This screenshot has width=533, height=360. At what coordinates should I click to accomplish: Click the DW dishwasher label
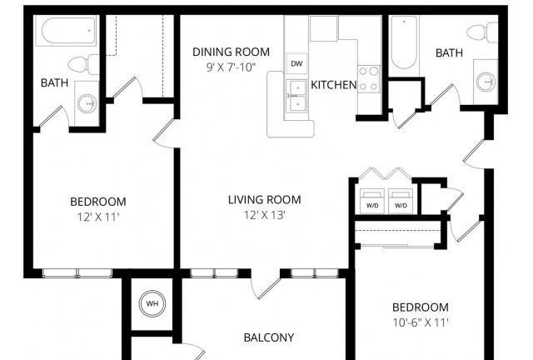[x=296, y=63]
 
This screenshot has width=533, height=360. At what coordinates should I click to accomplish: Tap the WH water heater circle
[x=152, y=303]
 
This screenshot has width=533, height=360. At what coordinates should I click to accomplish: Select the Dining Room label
[x=232, y=52]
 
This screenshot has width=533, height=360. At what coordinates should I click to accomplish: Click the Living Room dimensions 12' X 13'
[x=264, y=215]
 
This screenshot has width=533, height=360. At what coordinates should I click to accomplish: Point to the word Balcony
[x=269, y=337]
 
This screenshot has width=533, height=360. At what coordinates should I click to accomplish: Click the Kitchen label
[x=334, y=85]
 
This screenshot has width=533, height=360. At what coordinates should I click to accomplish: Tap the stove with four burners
[x=369, y=79]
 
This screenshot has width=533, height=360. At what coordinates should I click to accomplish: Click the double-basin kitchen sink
[x=296, y=97]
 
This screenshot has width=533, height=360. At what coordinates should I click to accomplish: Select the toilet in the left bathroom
[x=83, y=64]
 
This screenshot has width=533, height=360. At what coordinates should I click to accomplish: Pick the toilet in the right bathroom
[x=482, y=32]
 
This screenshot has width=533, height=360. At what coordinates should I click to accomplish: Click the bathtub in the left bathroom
[x=68, y=31]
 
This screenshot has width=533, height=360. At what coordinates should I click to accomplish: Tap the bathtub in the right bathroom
[x=404, y=42]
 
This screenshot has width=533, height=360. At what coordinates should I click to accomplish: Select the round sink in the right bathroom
[x=486, y=82]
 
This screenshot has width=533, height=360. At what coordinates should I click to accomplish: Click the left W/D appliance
[x=372, y=201]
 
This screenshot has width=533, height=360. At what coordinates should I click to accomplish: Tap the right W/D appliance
[x=401, y=201]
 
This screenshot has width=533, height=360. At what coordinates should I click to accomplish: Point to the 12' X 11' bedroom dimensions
[x=98, y=217]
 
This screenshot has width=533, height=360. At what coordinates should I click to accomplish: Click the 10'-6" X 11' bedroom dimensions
[x=421, y=322]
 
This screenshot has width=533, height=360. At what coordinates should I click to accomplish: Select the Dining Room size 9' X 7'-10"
[x=231, y=67]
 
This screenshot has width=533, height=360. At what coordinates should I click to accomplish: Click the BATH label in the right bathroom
[x=449, y=53]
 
